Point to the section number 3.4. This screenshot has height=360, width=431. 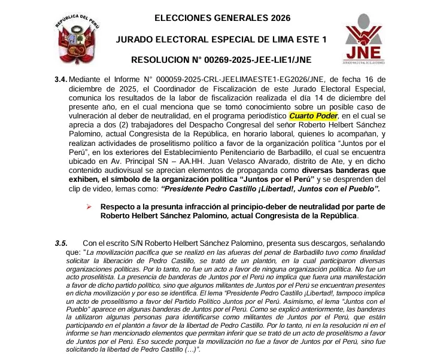point(61,78)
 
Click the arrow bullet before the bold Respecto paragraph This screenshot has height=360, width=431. point(89,206)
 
